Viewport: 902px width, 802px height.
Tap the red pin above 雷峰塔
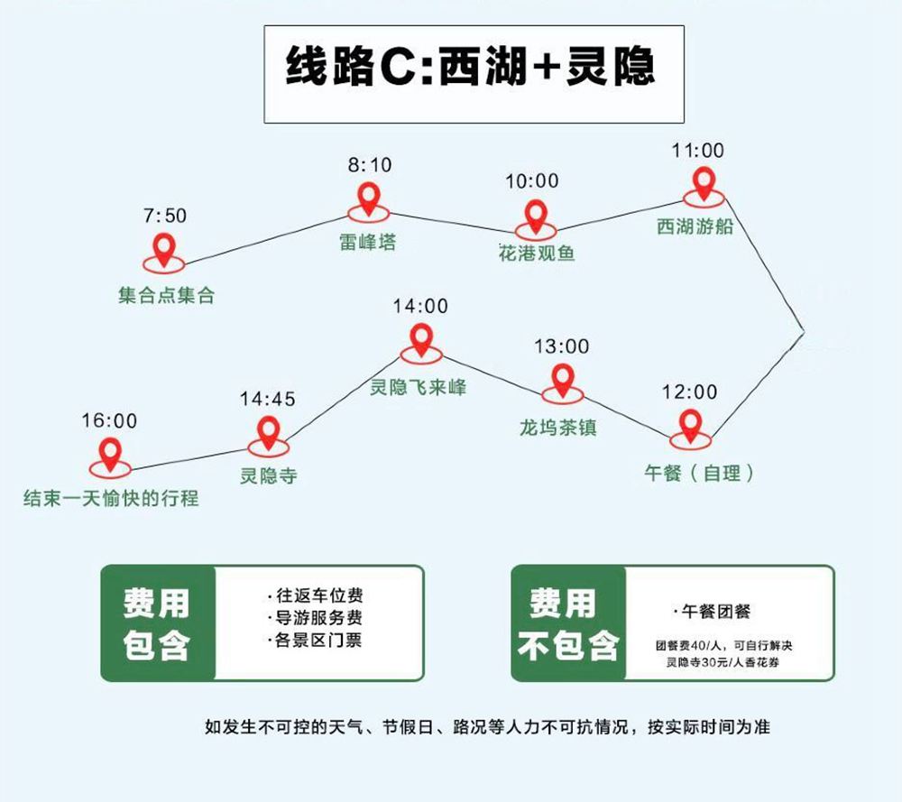click(368, 198)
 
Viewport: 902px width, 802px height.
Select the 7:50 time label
click(164, 216)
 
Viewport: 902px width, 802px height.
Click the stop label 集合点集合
click(167, 296)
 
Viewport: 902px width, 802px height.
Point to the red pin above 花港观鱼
click(536, 216)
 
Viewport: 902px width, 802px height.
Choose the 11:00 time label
click(697, 151)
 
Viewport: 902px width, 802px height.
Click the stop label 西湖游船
click(695, 226)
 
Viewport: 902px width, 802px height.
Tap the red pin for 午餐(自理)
click(691, 425)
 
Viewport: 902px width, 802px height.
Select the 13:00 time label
click(561, 346)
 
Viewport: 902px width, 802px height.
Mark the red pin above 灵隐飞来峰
click(420, 340)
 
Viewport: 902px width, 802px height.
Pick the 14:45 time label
click(268, 399)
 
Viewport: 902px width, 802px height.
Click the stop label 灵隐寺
click(268, 476)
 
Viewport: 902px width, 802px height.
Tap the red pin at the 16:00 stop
click(110, 454)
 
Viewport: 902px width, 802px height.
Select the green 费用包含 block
click(158, 622)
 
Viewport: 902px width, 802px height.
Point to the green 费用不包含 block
click(567, 622)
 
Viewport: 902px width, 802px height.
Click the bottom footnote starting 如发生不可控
click(487, 726)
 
